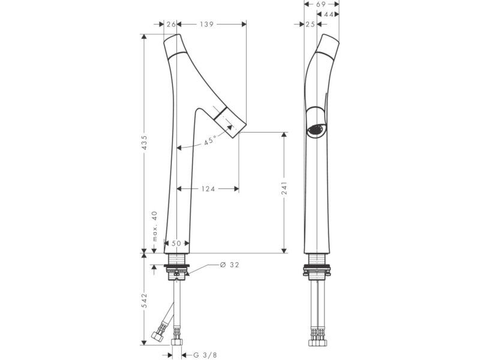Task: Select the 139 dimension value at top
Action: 207,24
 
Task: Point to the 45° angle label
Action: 210,140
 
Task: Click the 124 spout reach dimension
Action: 208,189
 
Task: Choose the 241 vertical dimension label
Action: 284,188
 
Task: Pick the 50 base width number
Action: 176,244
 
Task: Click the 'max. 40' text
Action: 154,226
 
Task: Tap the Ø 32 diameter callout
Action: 230,265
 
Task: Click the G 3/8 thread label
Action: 205,355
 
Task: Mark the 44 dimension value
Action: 328,14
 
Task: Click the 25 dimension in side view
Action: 310,24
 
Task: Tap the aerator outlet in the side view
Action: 317,130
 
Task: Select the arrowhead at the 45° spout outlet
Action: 230,127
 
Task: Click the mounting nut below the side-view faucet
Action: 317,269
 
